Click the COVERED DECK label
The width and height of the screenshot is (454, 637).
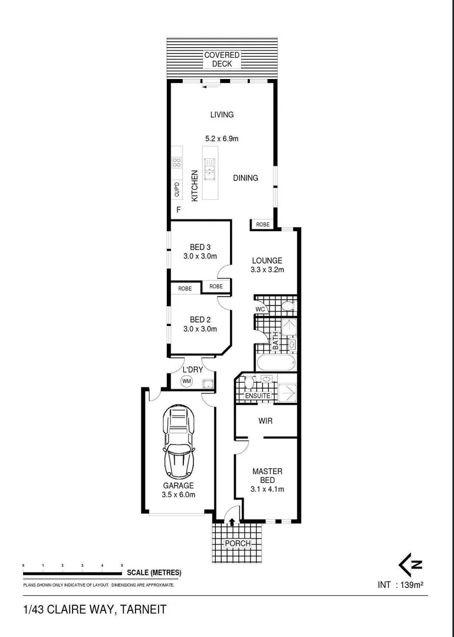click(x=222, y=60)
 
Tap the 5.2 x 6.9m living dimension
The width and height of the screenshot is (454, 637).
click(x=222, y=139)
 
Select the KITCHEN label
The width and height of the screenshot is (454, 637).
click(x=194, y=186)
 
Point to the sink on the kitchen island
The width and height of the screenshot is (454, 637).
click(x=209, y=172)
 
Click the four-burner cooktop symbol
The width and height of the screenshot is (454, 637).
click(x=176, y=163)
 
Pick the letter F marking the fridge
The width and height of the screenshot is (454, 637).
click(x=178, y=211)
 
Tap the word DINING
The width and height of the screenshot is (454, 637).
click(x=245, y=178)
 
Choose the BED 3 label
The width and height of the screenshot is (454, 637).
click(x=200, y=247)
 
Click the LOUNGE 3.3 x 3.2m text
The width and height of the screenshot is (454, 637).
click(x=267, y=265)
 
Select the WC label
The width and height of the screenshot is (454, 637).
click(x=260, y=309)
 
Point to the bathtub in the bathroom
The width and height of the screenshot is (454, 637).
click(x=275, y=363)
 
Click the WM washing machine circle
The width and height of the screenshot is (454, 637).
click(x=187, y=382)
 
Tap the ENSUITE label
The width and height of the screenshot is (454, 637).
click(x=258, y=396)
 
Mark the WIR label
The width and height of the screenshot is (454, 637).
click(x=265, y=421)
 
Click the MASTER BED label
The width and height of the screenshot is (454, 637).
click(x=267, y=475)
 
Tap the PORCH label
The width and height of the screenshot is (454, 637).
click(x=238, y=543)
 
